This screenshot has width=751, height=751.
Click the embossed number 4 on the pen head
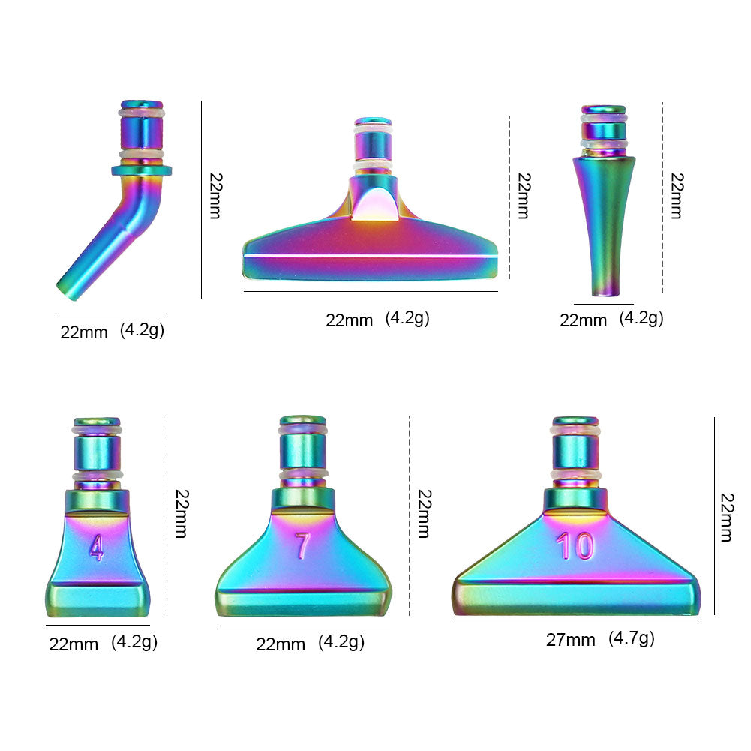[x=97, y=548]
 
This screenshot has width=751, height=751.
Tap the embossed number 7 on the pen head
[x=302, y=546]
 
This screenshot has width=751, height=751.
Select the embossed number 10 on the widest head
[x=575, y=546]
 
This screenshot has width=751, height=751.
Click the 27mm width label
[x=570, y=640]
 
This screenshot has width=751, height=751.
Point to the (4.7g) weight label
[x=631, y=639]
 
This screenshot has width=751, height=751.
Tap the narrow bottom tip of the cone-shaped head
[x=605, y=291]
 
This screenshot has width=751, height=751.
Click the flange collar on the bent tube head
[x=141, y=170]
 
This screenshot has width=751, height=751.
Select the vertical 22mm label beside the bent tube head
[x=216, y=196]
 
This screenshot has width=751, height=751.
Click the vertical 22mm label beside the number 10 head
[x=727, y=517]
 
